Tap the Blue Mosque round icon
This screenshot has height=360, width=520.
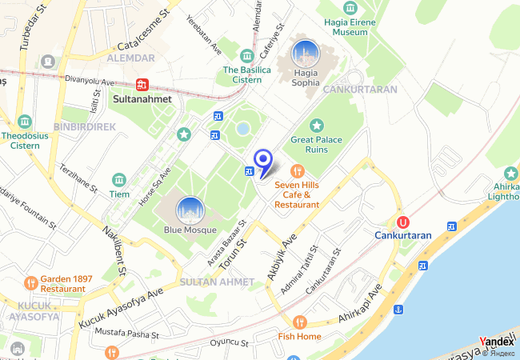[x=190, y=210]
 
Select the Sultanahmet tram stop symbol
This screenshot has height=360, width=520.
[x=143, y=84]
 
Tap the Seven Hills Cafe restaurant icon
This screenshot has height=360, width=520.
[x=298, y=170]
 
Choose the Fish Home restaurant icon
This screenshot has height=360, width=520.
[x=299, y=322]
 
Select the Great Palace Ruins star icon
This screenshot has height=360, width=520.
[x=317, y=125]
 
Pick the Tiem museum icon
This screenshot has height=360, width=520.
[x=119, y=179]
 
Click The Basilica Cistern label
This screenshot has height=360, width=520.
[x=242, y=74]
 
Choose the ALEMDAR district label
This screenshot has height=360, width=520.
[x=130, y=58]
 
